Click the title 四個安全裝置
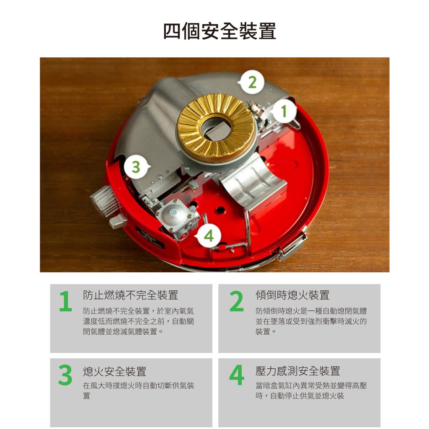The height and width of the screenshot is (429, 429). click(220, 31)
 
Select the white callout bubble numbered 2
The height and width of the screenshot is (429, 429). click(252, 82)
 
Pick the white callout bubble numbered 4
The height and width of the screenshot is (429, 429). click(208, 235)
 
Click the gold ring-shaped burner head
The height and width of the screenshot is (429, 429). click(216, 128)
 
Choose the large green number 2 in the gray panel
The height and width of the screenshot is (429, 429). click(236, 301)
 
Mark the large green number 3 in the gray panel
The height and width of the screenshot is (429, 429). click(65, 375)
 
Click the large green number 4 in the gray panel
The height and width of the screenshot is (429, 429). click(237, 375)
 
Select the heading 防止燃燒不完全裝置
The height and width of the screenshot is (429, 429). click(131, 295)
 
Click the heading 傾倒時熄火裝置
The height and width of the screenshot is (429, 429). click(292, 295)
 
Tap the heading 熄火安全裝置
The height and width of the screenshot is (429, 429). click(115, 371)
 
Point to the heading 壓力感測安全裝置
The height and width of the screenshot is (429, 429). click(298, 371)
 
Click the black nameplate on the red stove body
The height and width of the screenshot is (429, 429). click(150, 237)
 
